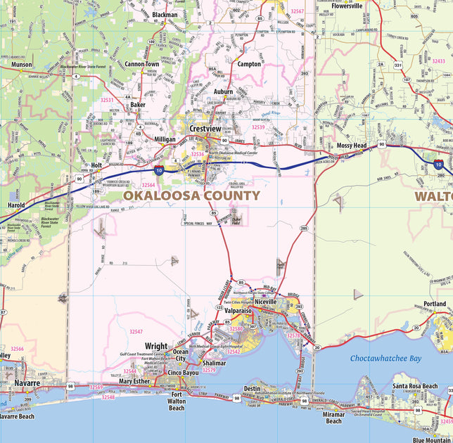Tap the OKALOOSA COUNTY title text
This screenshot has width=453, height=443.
pyautogui.click(x=191, y=196)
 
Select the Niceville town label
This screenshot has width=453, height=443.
pyautogui.click(x=266, y=301)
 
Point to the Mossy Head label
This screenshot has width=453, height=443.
pyautogui.click(x=351, y=146)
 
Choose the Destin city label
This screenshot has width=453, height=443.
pyautogui.click(x=252, y=388)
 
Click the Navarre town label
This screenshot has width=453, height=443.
pyautogui.click(x=27, y=383)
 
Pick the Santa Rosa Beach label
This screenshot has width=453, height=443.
pyautogui.click(x=415, y=386)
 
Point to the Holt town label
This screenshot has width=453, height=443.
pyautogui.click(x=96, y=165)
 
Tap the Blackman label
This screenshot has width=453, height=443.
pyautogui.click(x=165, y=14)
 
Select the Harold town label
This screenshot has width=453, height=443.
pyautogui.click(x=16, y=205)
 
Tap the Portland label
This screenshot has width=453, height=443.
pyautogui.click(x=435, y=304)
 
